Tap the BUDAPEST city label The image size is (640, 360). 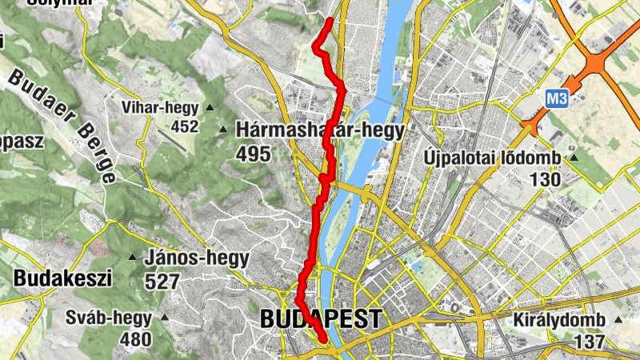click(320, 319)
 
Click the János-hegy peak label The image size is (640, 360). click(197, 258)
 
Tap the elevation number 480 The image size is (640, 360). click(135, 339)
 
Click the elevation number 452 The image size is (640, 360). click(184, 126)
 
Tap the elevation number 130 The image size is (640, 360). click(545, 180)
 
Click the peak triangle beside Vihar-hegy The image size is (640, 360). click(210, 108)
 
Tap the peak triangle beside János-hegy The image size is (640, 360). click(133, 258)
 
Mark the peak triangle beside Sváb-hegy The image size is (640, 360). click(165, 318)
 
